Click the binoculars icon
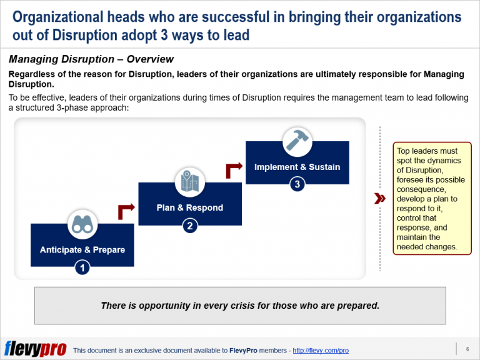click(82, 224)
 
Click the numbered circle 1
click(82, 267)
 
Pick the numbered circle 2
click(190, 226)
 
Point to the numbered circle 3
click(297, 184)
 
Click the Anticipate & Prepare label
click(82, 249)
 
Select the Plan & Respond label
click(189, 207)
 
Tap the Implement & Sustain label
click(297, 167)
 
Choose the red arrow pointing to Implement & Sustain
click(234, 170)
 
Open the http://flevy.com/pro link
click(321, 351)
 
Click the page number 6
click(467, 348)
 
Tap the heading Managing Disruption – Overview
click(91, 60)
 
